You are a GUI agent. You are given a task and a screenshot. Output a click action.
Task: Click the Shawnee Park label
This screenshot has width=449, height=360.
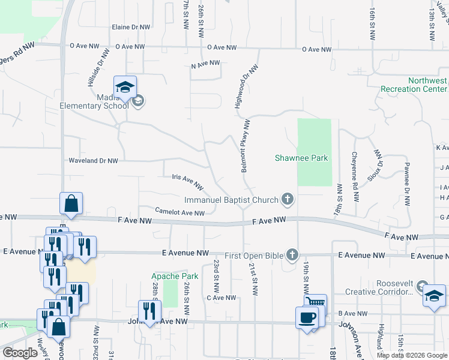point(301,158)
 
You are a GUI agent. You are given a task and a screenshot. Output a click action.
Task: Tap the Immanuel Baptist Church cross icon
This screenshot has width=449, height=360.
point(288,199)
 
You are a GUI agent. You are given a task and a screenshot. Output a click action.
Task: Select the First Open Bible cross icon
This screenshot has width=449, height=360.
point(292,256)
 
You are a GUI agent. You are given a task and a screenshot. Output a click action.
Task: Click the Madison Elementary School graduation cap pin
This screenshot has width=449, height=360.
point(125,88)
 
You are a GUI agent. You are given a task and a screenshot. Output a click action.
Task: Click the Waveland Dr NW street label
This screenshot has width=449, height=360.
point(93,161)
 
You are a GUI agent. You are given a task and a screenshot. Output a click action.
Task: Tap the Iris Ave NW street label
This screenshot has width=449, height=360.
point(188,178)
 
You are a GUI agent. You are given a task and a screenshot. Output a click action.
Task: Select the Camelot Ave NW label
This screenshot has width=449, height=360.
point(180,212)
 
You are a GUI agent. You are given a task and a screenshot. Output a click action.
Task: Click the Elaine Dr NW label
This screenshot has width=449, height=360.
point(130,28)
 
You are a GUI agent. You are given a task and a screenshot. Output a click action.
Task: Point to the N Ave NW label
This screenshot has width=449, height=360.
point(205,64)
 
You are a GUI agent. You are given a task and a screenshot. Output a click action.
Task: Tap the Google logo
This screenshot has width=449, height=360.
point(20,353)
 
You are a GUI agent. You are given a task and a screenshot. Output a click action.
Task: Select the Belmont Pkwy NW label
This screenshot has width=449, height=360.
point(245,146)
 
